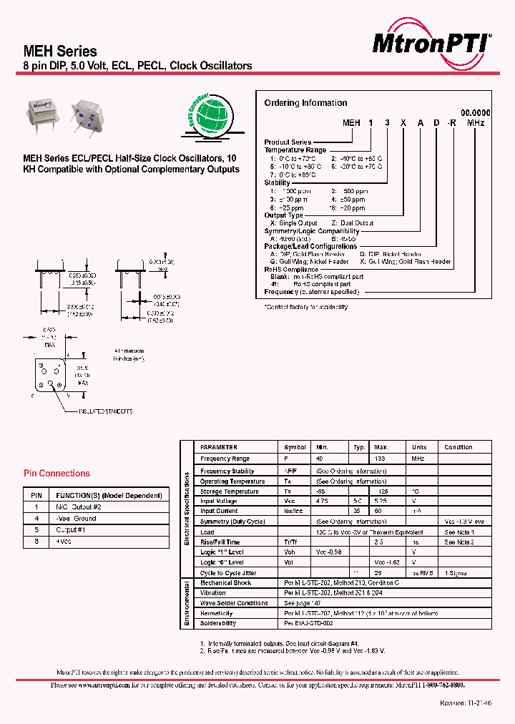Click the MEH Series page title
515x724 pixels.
coord(61,52)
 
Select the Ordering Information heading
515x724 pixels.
coord(305,103)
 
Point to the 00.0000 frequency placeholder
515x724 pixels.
coord(475,113)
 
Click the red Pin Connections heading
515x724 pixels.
coord(57,474)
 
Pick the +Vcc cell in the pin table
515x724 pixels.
coord(64,542)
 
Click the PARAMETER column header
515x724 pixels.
coord(219,447)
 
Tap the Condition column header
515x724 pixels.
coord(458,447)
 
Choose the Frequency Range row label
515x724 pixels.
coord(225,459)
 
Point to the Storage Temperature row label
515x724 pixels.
coord(230,491)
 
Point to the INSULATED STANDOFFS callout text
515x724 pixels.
coord(106,411)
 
